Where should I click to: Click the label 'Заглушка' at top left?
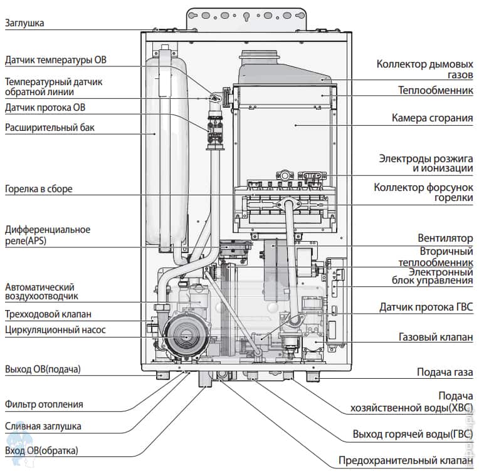24,24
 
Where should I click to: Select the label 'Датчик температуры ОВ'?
55,61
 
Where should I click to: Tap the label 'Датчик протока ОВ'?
45,108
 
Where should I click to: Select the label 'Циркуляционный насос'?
55,329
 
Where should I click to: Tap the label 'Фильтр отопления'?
44,404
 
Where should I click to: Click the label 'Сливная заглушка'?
43,426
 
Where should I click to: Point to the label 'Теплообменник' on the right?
435,90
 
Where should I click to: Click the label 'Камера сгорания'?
432,118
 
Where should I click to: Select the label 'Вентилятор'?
445,239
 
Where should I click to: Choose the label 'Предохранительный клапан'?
406,461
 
